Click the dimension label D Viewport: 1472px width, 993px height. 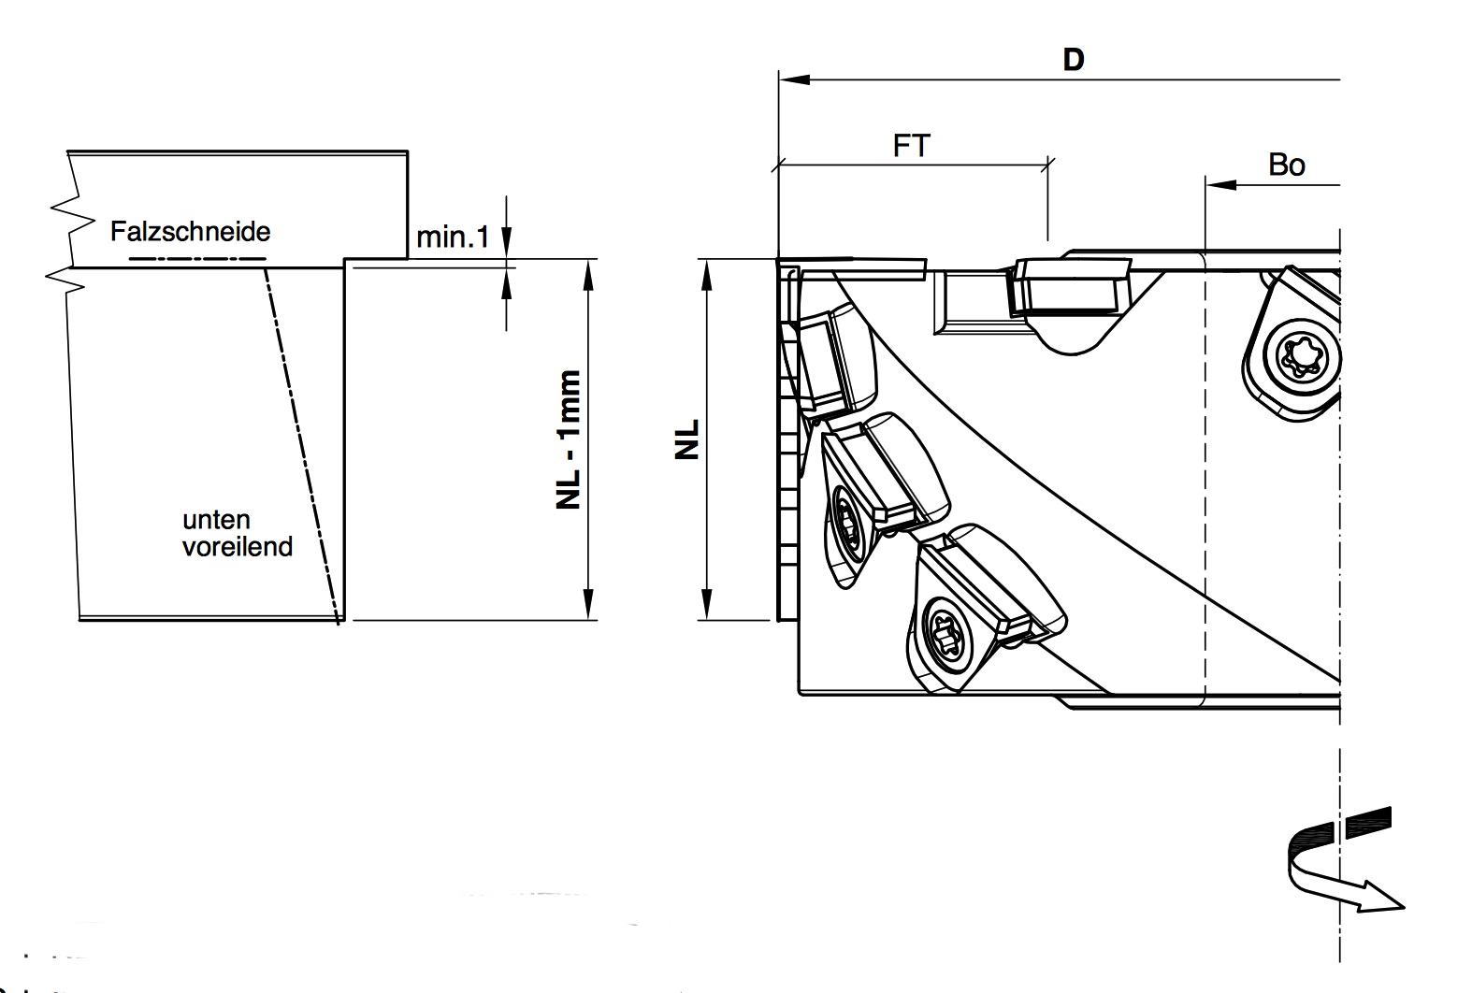coord(1074,60)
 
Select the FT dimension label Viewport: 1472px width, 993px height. coord(912,146)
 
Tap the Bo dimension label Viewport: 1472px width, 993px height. coord(1286,165)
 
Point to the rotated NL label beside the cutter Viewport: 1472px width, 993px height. coord(686,439)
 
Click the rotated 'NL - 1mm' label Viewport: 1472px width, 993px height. coord(569,439)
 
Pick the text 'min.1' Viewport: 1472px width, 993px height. coord(453,237)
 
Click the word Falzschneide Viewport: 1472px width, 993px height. coord(190,231)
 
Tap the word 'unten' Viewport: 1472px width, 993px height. coord(216,520)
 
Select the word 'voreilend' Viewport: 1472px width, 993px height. coord(238,547)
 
